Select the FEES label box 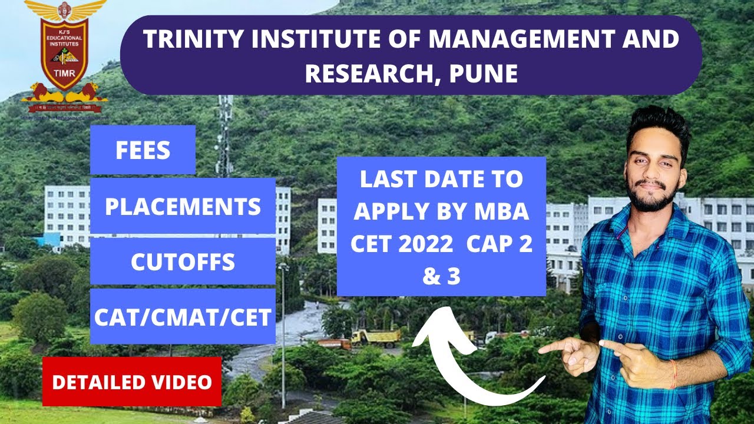pyautogui.click(x=143, y=151)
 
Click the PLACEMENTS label pyautogui.click(x=183, y=207)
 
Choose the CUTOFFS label pyautogui.click(x=183, y=262)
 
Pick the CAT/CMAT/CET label pyautogui.click(x=183, y=317)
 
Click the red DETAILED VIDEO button pyautogui.click(x=131, y=382)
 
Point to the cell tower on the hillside pyautogui.click(x=224, y=135)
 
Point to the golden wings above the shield pyautogui.click(x=64, y=9)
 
